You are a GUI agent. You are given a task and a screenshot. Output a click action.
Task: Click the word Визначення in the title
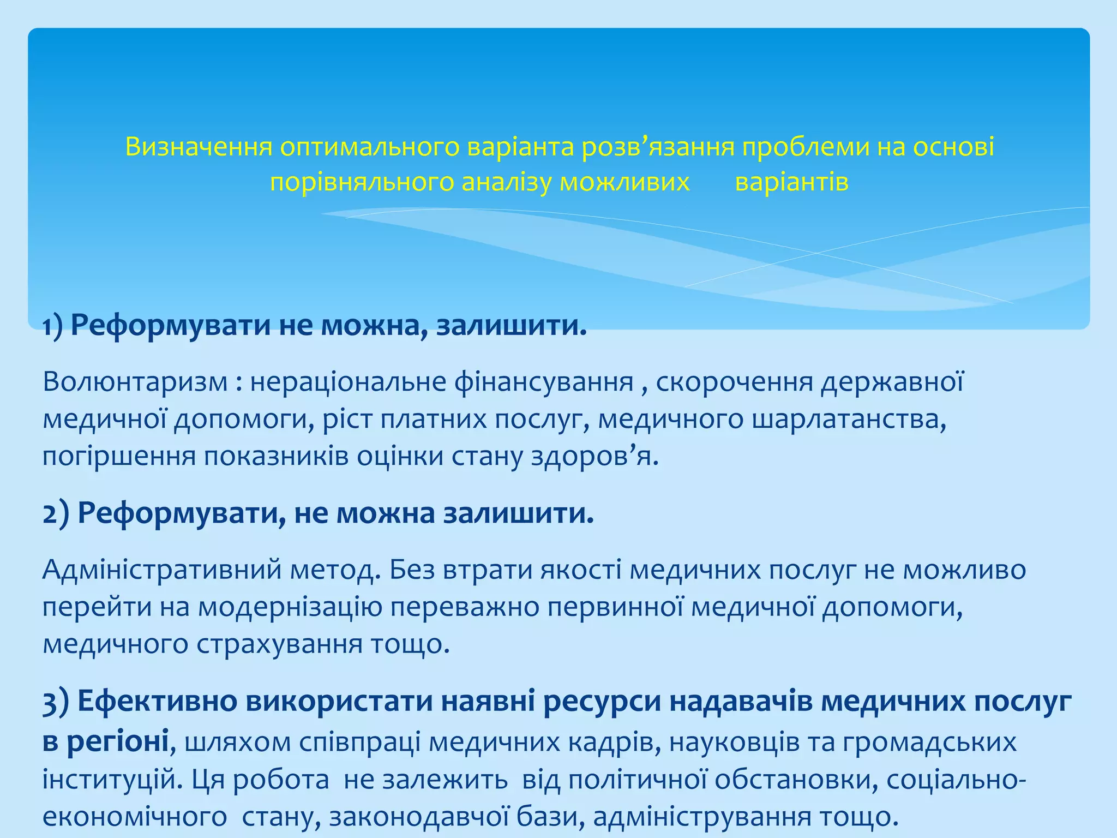click(199, 147)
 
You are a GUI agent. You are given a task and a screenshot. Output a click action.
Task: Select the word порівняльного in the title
click(362, 183)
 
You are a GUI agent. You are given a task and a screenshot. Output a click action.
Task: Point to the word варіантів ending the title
click(791, 183)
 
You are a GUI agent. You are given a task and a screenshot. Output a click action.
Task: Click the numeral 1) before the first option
click(53, 326)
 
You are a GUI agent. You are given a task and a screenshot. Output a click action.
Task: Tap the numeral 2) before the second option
click(56, 514)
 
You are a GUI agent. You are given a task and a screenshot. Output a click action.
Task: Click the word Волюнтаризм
click(135, 382)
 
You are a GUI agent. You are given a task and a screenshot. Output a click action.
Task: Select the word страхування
click(279, 644)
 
